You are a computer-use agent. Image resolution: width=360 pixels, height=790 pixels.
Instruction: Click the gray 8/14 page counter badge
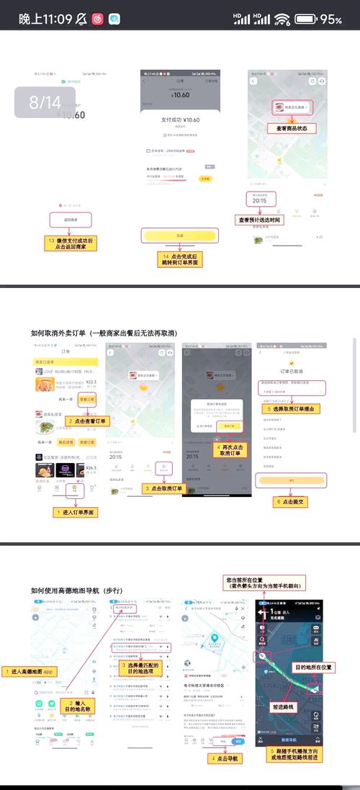(45, 102)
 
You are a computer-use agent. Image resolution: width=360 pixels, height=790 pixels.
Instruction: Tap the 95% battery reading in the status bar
(330, 19)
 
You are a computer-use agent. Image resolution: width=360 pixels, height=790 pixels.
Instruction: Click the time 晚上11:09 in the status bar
(45, 19)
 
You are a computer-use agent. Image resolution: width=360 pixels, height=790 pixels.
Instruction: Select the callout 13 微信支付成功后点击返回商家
(71, 243)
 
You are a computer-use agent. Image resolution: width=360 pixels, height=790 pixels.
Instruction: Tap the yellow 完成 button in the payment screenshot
(179, 235)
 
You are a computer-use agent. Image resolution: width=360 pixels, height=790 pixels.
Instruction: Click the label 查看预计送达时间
(259, 220)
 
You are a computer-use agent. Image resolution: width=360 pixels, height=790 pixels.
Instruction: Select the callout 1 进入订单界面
(76, 512)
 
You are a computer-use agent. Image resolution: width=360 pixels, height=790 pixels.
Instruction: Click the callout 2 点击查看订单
(89, 421)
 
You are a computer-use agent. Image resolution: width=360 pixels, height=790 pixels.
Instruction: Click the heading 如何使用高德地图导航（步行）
(77, 590)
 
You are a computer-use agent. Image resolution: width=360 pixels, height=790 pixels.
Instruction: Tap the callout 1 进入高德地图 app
(31, 671)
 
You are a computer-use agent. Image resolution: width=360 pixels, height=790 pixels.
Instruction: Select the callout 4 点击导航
(225, 758)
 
